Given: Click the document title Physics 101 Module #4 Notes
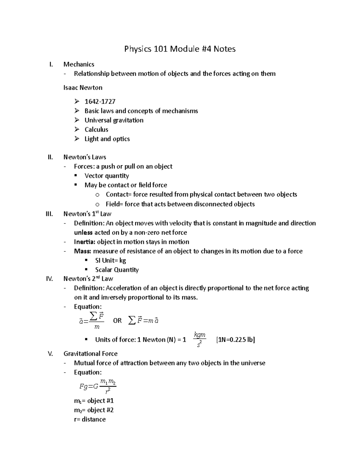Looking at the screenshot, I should click(180, 49).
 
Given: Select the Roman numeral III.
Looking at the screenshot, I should click(49, 214).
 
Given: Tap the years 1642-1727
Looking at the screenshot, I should click(100, 102).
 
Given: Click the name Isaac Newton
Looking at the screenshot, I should click(83, 88).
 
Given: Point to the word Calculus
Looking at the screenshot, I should click(96, 130).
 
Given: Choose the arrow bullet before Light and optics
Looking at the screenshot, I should click(77, 139).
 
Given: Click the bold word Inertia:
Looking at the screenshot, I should click(85, 242).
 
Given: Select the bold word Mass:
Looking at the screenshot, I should click(82, 251).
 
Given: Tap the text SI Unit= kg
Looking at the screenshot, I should click(110, 260).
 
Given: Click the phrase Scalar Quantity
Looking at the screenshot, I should click(117, 270).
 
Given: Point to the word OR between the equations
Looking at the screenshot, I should click(117, 321).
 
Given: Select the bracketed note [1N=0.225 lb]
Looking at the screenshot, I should click(235, 340).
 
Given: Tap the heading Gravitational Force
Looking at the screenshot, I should click(90, 354).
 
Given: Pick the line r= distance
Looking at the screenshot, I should click(90, 419).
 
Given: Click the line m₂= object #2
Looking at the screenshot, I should click(94, 410).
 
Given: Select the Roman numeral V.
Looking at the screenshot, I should click(50, 354).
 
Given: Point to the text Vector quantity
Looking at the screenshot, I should click(106, 176).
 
